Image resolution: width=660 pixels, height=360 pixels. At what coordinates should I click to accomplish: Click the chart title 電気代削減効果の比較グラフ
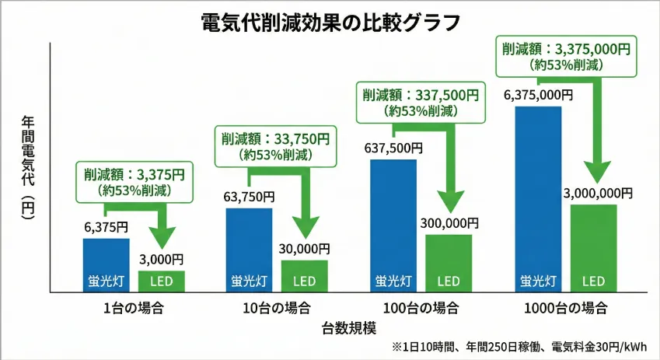(330, 22)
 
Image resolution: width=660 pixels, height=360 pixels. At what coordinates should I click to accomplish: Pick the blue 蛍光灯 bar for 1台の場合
(106, 265)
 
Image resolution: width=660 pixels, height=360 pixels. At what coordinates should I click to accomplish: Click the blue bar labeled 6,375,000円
(538, 199)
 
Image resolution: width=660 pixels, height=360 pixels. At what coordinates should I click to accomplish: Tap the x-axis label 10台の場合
(277, 307)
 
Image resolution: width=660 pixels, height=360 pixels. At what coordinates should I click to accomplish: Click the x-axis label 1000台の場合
(565, 307)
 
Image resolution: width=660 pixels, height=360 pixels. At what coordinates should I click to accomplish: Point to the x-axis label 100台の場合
(421, 307)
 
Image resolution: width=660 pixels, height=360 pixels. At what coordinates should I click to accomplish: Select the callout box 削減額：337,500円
(418, 103)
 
